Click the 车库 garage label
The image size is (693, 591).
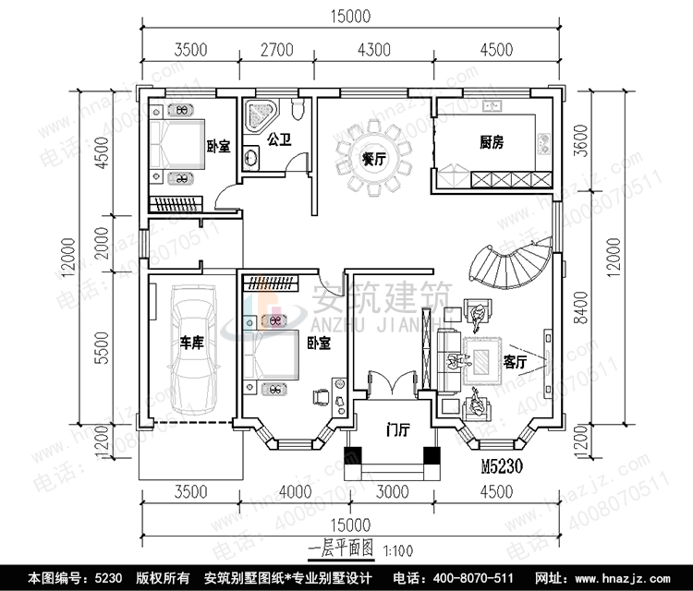(x=191, y=344)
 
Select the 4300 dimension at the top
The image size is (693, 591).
(x=373, y=49)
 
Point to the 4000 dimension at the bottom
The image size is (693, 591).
(x=294, y=491)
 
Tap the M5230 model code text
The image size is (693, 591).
(x=509, y=467)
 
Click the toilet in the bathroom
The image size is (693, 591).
(x=296, y=112)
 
